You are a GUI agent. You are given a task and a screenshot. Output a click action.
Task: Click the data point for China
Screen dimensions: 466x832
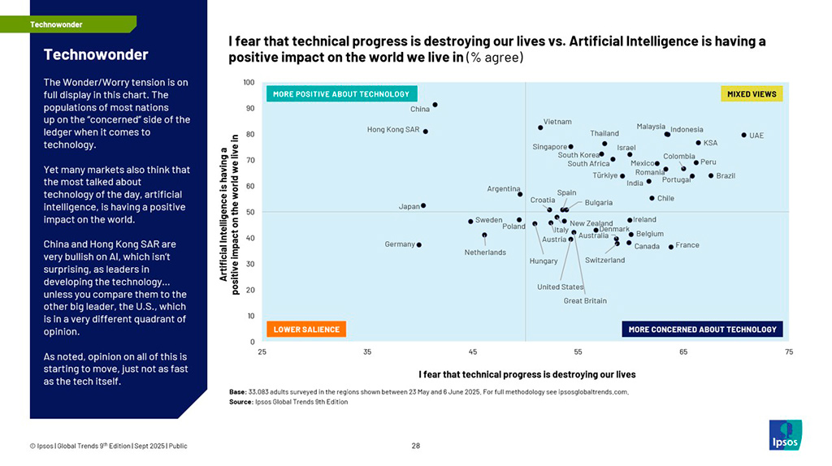(435, 105)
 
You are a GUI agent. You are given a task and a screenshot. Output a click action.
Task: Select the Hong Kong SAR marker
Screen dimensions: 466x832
(426, 132)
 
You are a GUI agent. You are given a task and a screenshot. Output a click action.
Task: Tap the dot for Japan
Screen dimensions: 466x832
(423, 205)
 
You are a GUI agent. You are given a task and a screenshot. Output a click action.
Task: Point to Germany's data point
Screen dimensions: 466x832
(419, 244)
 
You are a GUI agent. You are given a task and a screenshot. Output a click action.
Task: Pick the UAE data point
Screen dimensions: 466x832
(743, 135)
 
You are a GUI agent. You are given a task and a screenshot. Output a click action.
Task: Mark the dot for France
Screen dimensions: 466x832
(670, 247)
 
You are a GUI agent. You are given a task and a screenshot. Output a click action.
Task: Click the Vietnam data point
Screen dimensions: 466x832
(540, 127)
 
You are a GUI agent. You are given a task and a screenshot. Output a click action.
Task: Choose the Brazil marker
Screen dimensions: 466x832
(711, 175)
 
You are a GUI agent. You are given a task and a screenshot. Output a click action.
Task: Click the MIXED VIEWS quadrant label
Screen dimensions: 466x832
(752, 94)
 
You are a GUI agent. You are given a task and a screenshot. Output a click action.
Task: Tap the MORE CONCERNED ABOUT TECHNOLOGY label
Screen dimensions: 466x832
(702, 330)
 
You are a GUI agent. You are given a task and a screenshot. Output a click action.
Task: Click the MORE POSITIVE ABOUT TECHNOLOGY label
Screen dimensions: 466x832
(341, 94)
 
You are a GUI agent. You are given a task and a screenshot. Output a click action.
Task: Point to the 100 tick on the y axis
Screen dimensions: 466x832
(249, 82)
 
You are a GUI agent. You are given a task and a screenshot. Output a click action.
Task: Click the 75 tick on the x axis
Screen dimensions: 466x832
(789, 352)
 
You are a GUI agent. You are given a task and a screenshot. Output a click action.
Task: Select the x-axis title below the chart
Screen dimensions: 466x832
(526, 374)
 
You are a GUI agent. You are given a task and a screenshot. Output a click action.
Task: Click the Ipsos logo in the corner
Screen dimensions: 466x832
(785, 434)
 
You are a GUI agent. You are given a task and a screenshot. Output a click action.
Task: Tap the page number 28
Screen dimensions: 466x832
(416, 445)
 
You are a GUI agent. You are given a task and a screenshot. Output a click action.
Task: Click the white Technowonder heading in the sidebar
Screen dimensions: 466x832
(96, 55)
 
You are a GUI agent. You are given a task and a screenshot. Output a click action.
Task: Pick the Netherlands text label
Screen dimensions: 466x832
(485, 252)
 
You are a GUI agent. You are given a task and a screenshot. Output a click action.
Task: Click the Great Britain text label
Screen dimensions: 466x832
(585, 301)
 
